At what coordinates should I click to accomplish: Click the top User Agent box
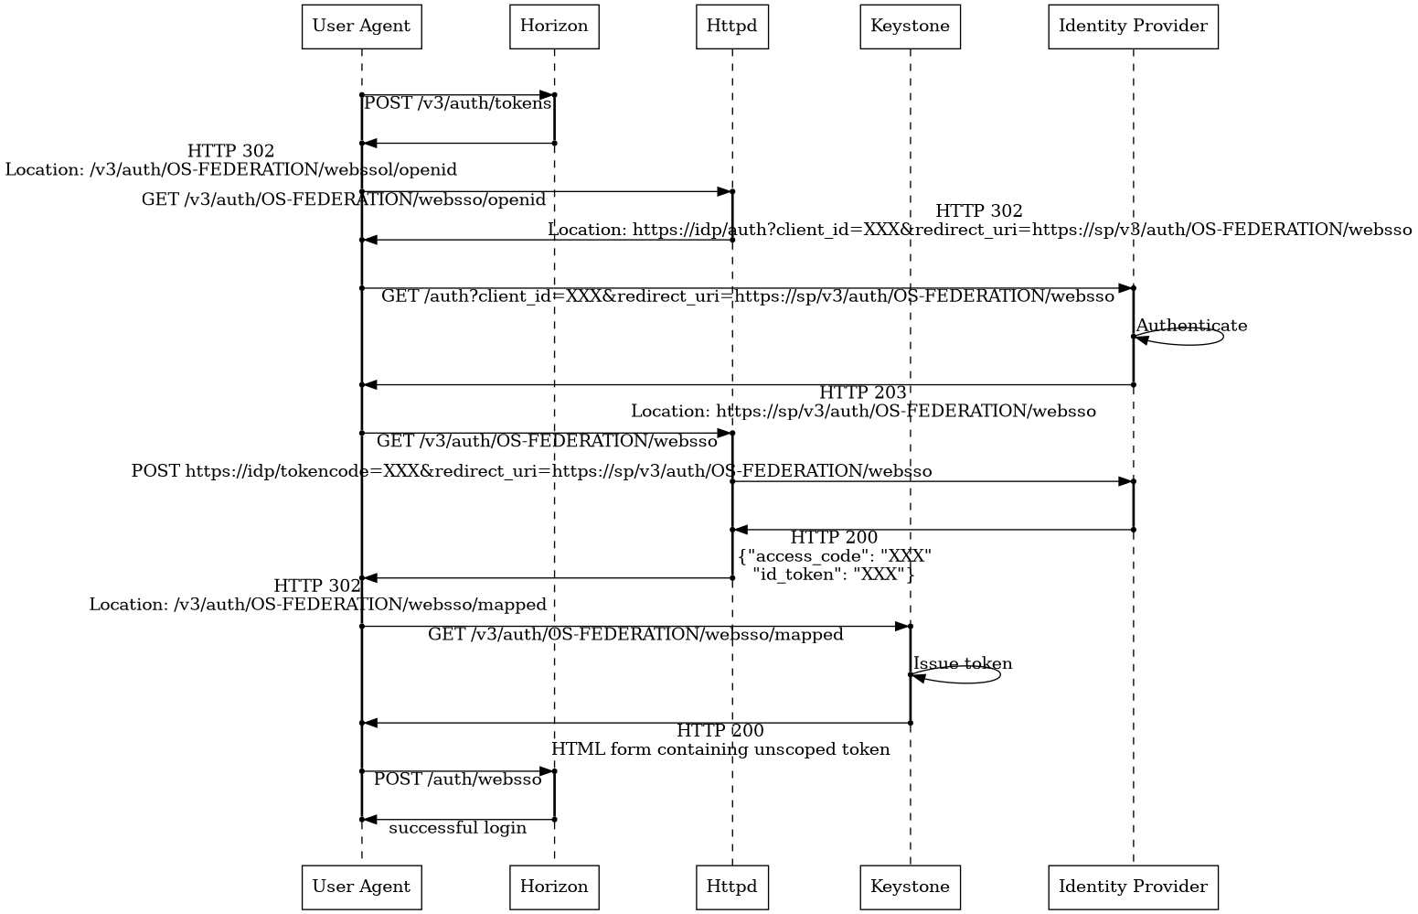(361, 26)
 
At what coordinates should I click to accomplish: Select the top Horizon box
(554, 26)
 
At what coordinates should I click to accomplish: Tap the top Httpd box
(731, 26)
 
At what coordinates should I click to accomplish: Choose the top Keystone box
(910, 26)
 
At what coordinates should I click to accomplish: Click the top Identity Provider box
(1133, 26)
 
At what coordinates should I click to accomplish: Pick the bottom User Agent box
(361, 887)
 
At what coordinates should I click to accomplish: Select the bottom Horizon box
(554, 887)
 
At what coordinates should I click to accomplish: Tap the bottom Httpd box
(731, 887)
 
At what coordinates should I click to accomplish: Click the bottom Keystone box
(910, 887)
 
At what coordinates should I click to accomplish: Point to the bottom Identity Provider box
(1133, 887)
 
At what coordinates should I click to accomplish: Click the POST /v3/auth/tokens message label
(457, 103)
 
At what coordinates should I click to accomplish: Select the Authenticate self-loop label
(1191, 326)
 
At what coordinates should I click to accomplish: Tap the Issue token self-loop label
(963, 664)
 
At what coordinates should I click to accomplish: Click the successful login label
(457, 828)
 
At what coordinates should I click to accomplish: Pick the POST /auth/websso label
(457, 780)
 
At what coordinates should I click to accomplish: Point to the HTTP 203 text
(862, 393)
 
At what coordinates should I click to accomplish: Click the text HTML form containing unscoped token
(720, 749)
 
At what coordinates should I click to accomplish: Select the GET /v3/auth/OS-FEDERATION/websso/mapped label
(635, 635)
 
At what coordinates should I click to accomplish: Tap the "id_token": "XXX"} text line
(834, 575)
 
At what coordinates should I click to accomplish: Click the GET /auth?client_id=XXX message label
(747, 296)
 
